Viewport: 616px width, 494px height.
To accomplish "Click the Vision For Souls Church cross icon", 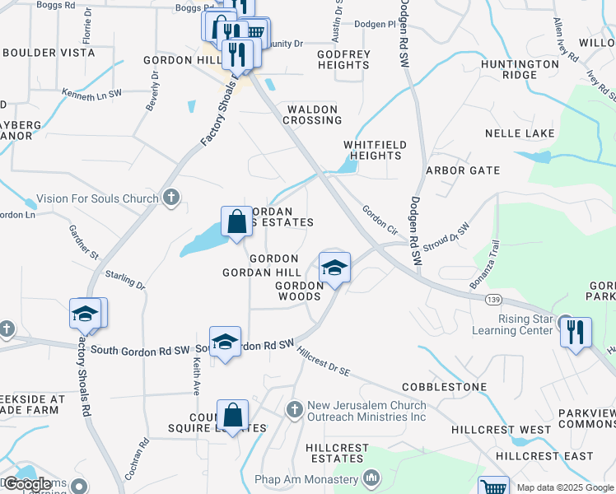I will coord(171,197).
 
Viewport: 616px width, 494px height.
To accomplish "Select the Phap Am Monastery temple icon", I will coord(371,478).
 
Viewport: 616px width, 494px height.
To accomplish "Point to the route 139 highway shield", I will coord(492,301).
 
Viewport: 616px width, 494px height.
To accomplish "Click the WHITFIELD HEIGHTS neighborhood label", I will coord(375,149).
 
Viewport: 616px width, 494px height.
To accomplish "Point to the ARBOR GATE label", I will coord(462,170).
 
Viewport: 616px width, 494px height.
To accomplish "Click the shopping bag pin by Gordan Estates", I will coord(236,221).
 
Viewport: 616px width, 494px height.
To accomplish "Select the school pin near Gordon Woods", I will coord(334,268).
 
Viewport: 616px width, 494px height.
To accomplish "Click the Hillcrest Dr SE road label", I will coord(324,360).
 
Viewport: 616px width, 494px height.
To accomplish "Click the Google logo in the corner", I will coord(27,485).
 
